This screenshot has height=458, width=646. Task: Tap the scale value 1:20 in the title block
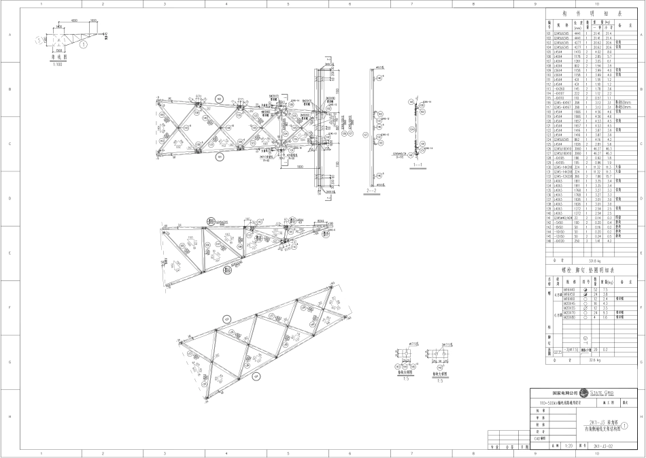coord(569,446)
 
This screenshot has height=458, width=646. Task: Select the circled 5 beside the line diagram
coord(41,41)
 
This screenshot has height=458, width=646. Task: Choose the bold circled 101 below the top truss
coord(219,156)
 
